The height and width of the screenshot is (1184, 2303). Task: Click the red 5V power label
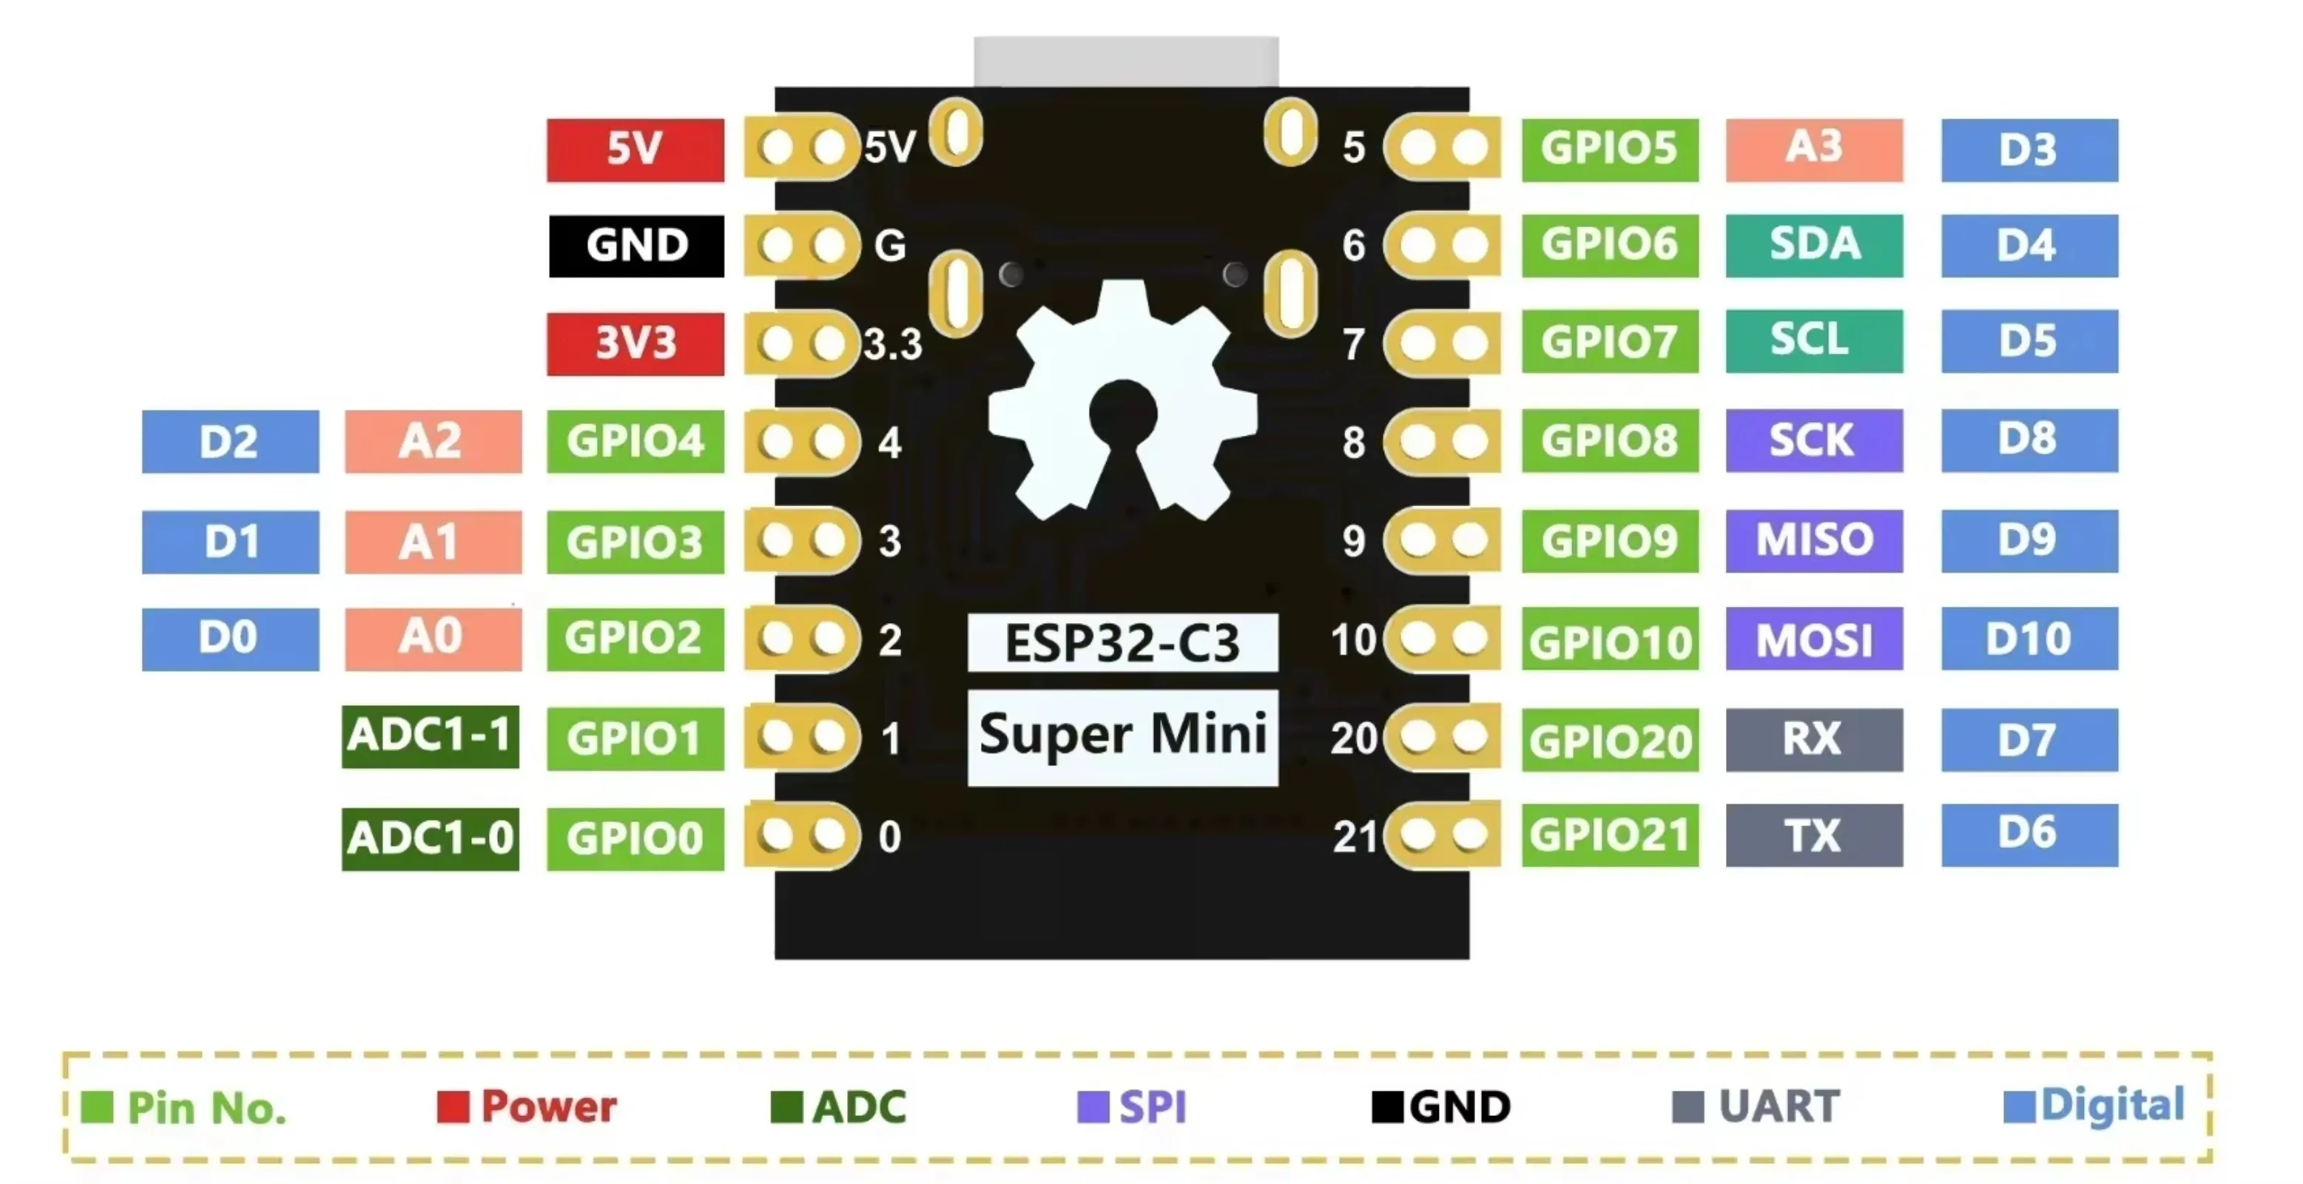pos(635,149)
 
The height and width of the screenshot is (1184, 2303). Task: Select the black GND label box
pos(635,246)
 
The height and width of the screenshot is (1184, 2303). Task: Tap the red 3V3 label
pos(635,343)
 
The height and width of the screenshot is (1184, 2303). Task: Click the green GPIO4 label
pos(635,441)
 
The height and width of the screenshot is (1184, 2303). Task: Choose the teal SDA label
pos(1813,245)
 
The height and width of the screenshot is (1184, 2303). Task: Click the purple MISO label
pos(1813,540)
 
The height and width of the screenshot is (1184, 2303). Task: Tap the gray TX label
pos(1813,835)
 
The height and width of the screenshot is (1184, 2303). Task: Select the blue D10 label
pos(2029,639)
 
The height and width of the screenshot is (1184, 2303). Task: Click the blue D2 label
pos(230,442)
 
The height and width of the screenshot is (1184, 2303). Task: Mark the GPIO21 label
pos(1609,835)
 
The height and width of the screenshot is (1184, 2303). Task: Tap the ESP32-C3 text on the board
pos(1122,643)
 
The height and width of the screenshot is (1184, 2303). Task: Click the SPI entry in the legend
pos(1133,1107)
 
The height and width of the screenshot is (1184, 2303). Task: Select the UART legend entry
pos(1757,1107)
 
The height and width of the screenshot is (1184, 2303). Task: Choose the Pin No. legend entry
pos(184,1108)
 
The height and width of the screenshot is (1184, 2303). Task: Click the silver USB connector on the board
pos(1125,61)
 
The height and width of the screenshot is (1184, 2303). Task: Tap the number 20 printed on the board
pos(1352,739)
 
